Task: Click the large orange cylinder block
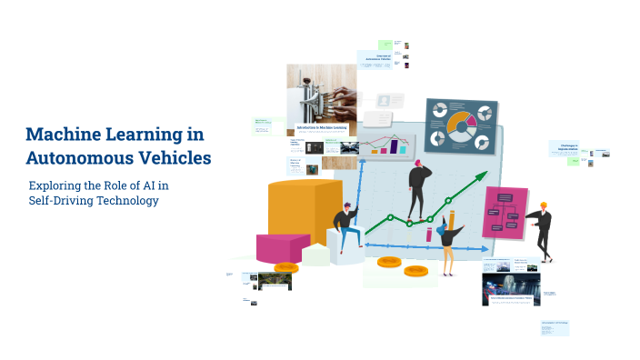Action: click(x=305, y=213)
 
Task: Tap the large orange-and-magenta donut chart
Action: click(x=460, y=124)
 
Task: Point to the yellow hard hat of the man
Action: click(x=544, y=205)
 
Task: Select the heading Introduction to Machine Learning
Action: click(x=321, y=128)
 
